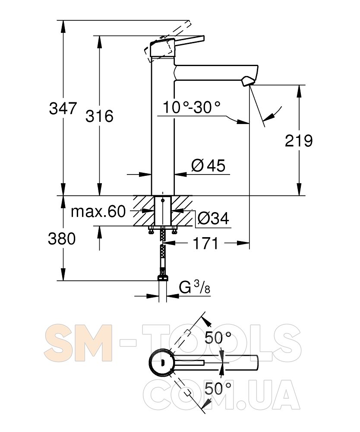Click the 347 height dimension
(x=63, y=108)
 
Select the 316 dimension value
(x=99, y=116)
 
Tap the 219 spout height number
(x=299, y=141)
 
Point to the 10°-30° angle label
(x=192, y=107)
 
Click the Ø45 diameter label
(x=208, y=165)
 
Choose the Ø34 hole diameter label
(x=213, y=219)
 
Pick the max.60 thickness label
(x=98, y=212)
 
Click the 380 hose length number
(x=62, y=238)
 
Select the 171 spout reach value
(x=205, y=243)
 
